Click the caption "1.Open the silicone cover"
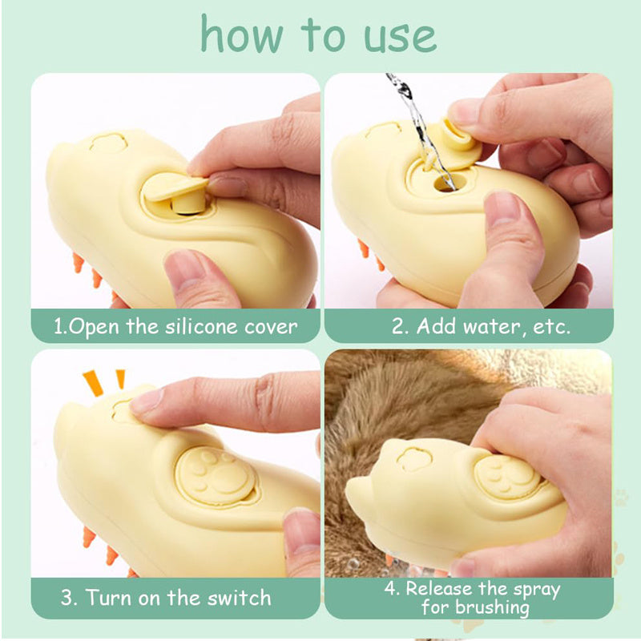175,327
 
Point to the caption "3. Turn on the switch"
166,598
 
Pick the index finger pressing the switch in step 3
216,401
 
